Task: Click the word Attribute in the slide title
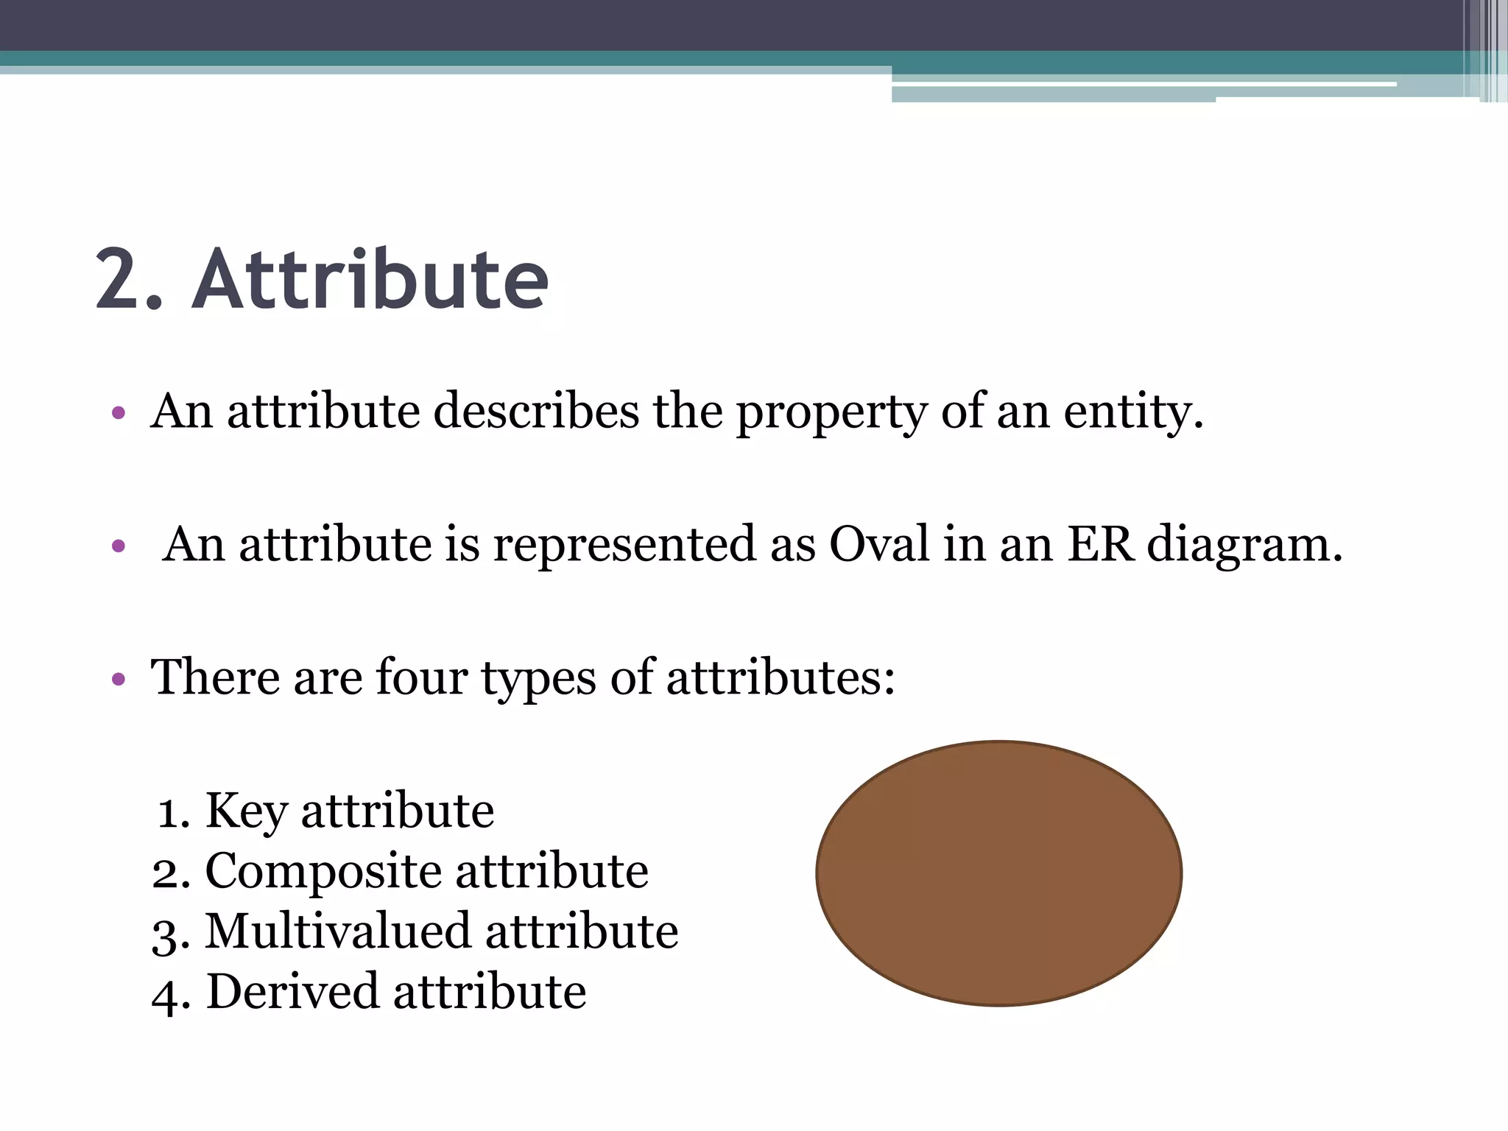pyautogui.click(x=370, y=281)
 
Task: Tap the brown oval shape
pyautogui.click(x=998, y=873)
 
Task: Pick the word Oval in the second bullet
pyautogui.click(x=879, y=545)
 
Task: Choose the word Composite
pyautogui.click(x=323, y=872)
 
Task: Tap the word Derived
pyautogui.click(x=292, y=992)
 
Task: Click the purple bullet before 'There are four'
pyautogui.click(x=118, y=679)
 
